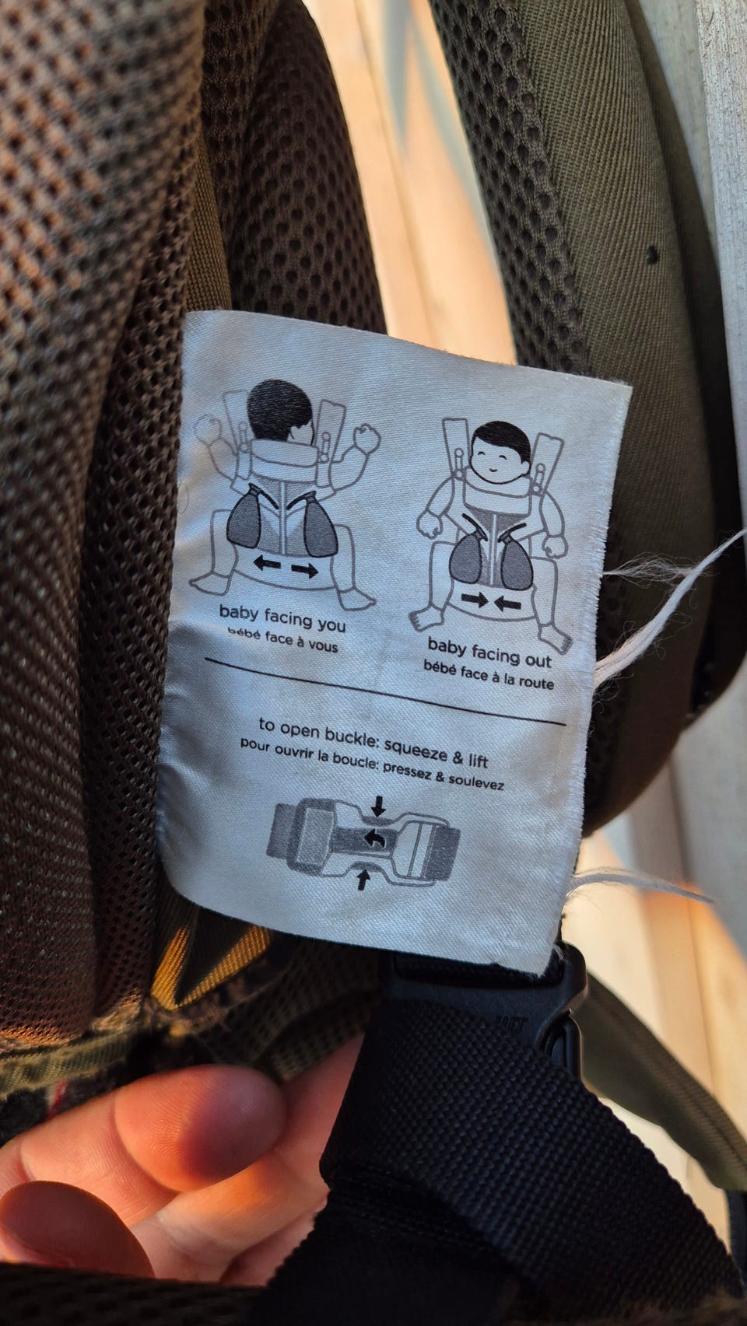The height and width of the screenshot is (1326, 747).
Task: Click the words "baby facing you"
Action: pyautogui.click(x=282, y=618)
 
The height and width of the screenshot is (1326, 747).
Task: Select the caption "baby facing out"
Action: pyautogui.click(x=489, y=652)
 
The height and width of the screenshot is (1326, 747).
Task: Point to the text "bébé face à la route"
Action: pyautogui.click(x=489, y=675)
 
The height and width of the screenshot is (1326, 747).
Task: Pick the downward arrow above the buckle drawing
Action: pyautogui.click(x=378, y=806)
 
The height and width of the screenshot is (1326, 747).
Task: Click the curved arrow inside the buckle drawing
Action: pyautogui.click(x=373, y=838)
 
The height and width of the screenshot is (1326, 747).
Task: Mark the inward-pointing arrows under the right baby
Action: pyautogui.click(x=491, y=602)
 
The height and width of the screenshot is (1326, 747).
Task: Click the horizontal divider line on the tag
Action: pyautogui.click(x=385, y=691)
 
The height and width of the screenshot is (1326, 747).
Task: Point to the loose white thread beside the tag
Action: pyautogui.click(x=669, y=577)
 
